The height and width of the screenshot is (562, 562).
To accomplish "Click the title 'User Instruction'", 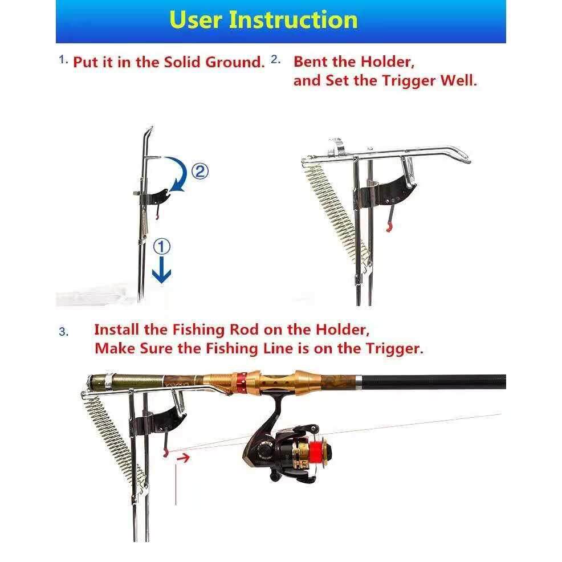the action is click(x=263, y=19).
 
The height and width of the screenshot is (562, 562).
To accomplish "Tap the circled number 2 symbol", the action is click(x=200, y=172).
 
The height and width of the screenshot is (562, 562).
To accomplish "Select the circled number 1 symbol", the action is click(x=162, y=247).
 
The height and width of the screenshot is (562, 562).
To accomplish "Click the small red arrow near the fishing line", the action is click(x=183, y=457).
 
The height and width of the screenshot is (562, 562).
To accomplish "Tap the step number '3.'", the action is click(x=64, y=332).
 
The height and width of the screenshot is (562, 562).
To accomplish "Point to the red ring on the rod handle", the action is click(x=241, y=381).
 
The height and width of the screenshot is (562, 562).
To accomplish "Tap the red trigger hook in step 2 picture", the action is click(x=389, y=227).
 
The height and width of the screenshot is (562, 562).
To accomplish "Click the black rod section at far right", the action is click(x=434, y=382).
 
